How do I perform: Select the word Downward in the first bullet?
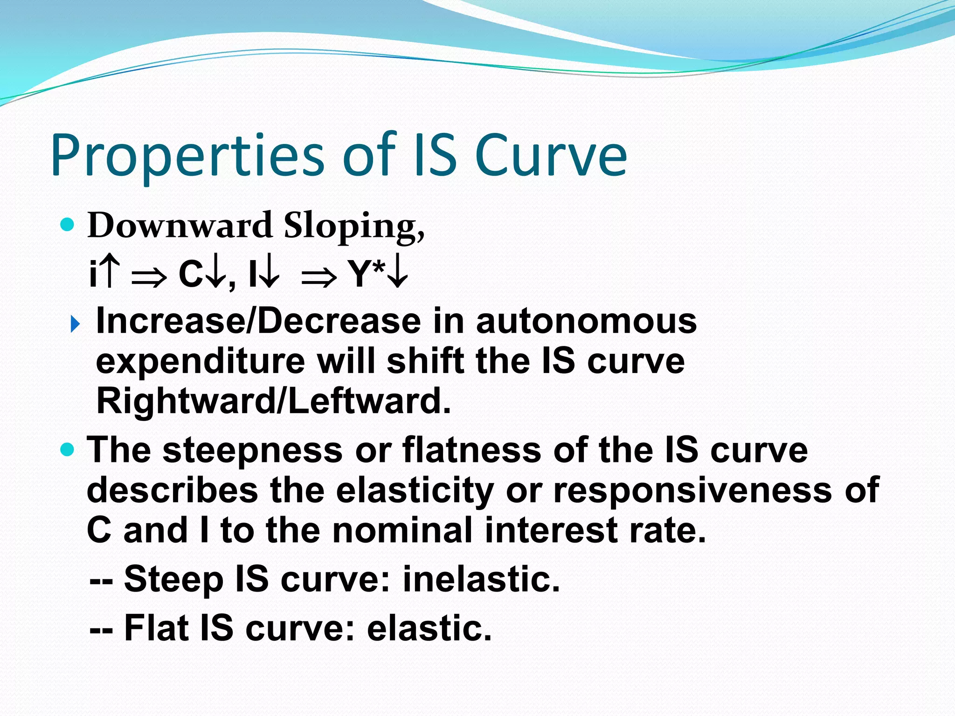point(180,225)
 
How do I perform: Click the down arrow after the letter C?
point(215,274)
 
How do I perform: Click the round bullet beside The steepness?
point(68,450)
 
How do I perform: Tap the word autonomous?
point(586,321)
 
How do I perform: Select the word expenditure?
point(201,362)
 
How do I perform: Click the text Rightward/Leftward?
point(273,401)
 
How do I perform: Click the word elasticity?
point(415,490)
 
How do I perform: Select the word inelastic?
point(481,579)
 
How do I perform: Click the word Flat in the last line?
point(156,628)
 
